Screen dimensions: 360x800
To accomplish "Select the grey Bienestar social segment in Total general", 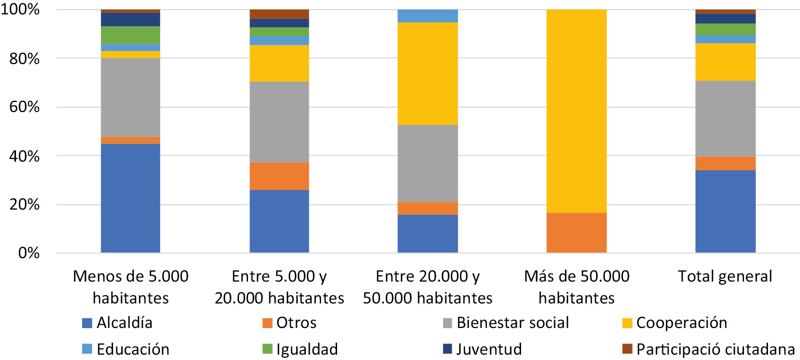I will pos(725,118).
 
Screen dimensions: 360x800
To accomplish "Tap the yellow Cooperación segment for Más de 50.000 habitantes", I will pos(577,111).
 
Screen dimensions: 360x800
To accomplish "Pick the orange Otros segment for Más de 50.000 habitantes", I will pos(577,233).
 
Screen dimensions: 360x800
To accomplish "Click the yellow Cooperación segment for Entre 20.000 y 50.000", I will pos(428,74).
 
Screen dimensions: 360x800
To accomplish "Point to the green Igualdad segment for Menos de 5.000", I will pos(131,35).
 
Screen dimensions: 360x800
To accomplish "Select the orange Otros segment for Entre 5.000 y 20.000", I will pos(279,176).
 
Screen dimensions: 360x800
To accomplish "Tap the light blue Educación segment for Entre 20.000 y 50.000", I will pos(428,16).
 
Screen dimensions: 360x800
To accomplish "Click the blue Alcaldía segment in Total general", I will pos(725,211).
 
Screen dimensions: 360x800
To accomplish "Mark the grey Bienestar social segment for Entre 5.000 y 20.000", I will pos(279,122).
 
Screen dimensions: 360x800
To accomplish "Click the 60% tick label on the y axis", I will pos(22,107).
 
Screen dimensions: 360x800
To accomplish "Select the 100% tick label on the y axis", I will pos(19,10).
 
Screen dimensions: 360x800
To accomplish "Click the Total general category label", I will pos(725,277).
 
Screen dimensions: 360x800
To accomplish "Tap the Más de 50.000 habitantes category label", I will pos(577,287).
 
